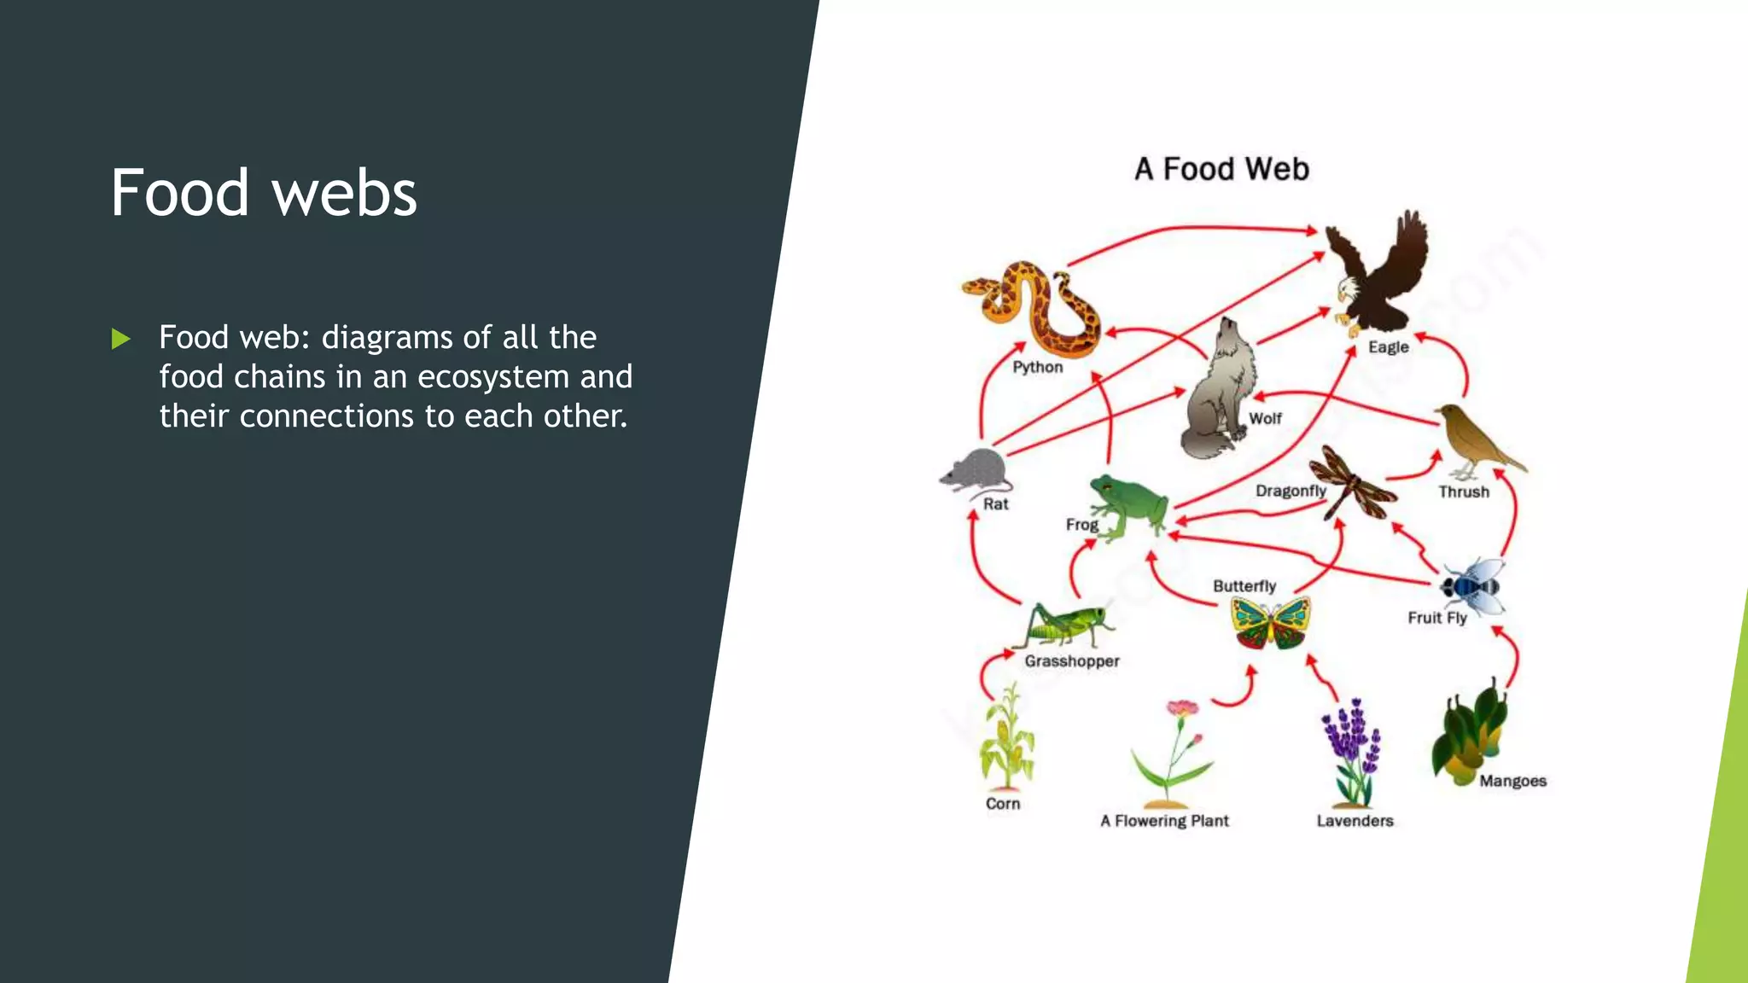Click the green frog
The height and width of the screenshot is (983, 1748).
point(1127,507)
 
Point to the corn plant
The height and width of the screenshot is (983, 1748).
point(1007,739)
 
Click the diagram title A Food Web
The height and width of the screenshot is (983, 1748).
point(1221,169)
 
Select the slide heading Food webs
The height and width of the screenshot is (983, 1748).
point(264,193)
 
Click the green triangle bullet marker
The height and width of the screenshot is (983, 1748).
point(120,339)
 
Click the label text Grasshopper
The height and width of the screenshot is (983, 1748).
point(1072,661)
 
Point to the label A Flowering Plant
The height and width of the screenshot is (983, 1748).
point(1164,821)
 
